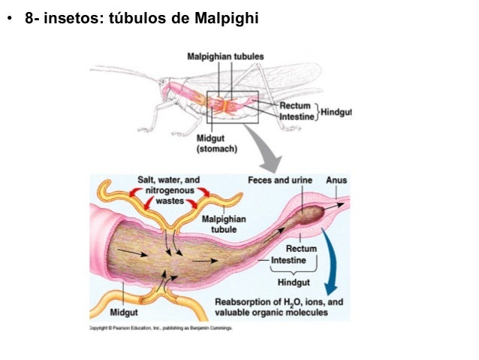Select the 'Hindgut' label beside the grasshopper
(x=336, y=112)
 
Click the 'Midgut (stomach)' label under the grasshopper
(x=217, y=144)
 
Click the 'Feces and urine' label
(x=279, y=180)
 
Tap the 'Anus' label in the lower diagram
(x=336, y=180)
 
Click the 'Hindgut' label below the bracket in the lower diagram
(x=294, y=282)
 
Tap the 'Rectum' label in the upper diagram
(x=294, y=107)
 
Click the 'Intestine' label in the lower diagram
(x=288, y=260)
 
